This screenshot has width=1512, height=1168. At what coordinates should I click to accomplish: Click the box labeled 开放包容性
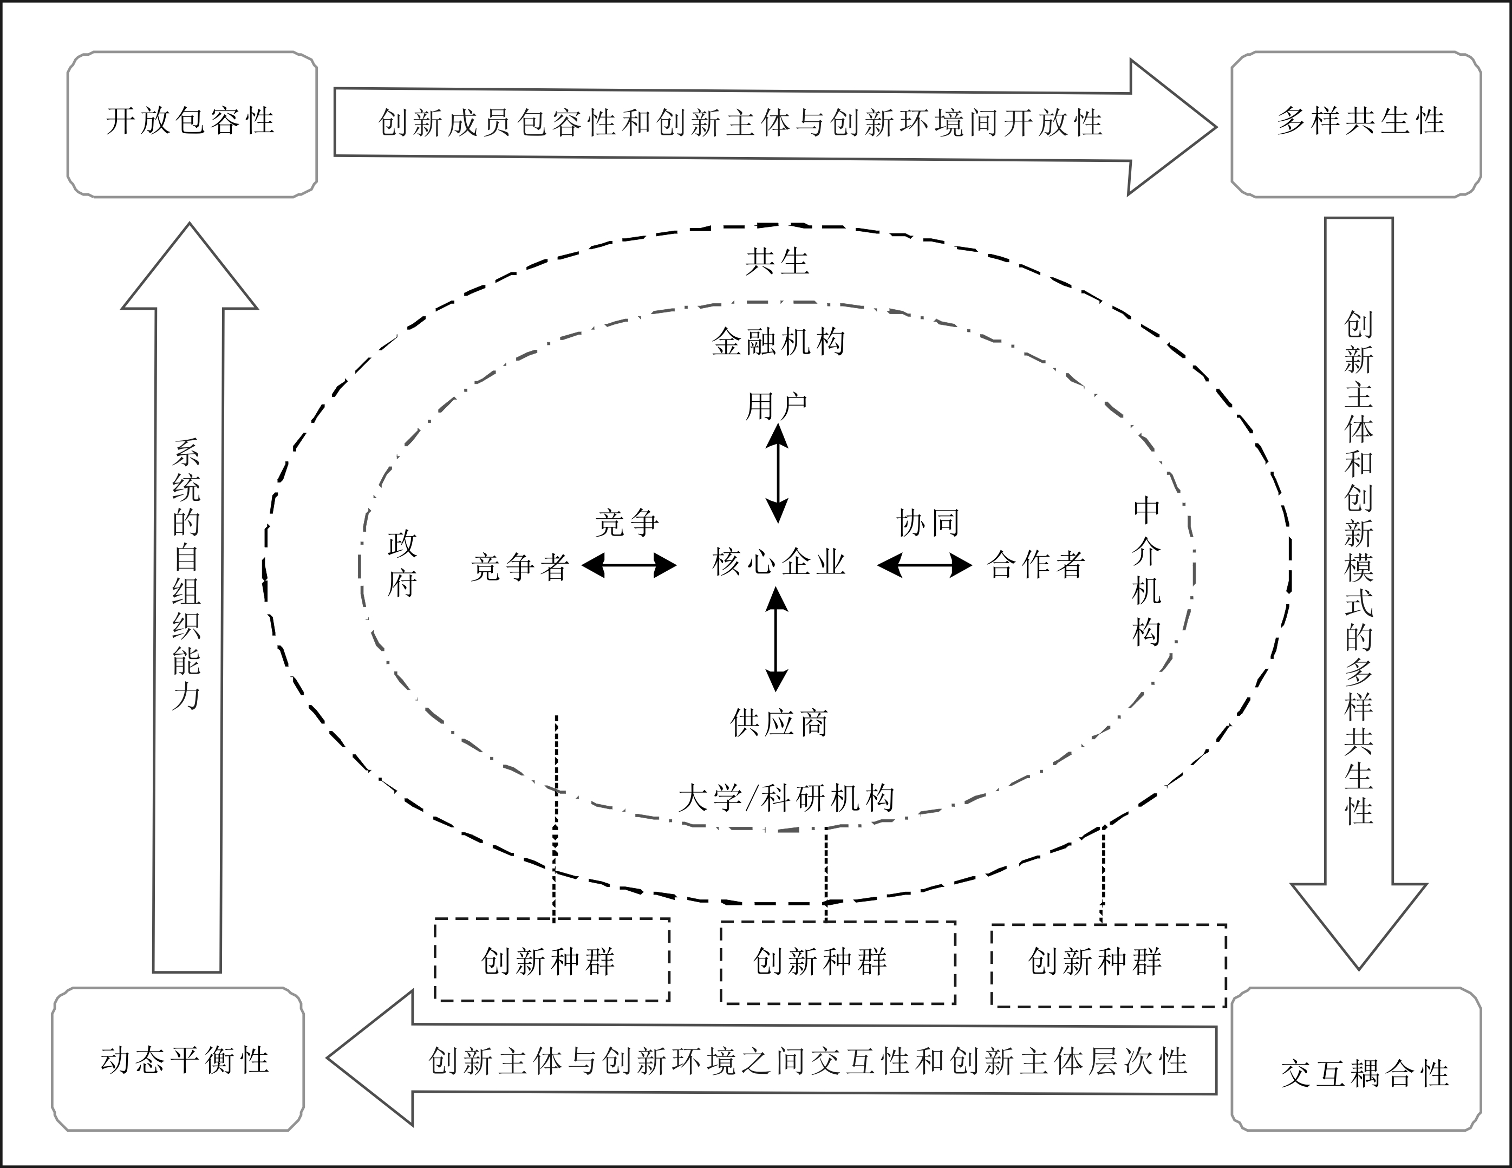(192, 124)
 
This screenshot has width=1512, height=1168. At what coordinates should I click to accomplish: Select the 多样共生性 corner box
(1355, 124)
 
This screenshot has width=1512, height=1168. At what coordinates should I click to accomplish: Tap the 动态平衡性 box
(178, 1059)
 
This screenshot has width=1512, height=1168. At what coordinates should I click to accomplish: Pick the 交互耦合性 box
(1355, 1059)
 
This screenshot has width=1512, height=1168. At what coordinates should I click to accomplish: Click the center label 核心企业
(778, 562)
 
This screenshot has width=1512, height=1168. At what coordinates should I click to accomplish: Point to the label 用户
(777, 407)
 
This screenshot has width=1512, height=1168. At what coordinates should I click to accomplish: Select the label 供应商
(779, 723)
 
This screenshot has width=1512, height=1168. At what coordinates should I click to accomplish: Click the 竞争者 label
(520, 567)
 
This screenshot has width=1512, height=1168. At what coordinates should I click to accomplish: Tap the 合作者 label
(1035, 565)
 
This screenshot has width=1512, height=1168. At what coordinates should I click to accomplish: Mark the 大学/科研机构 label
(786, 798)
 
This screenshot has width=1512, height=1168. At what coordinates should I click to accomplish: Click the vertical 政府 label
(401, 564)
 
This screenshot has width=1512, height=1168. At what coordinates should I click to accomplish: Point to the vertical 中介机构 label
(1146, 572)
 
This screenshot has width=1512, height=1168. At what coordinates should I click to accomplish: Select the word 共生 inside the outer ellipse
(777, 262)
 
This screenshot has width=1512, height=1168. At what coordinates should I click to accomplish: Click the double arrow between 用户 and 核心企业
(778, 474)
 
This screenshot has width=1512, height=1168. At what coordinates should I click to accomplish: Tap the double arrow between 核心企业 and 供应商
(776, 639)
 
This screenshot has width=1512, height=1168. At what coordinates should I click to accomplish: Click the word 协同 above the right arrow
(928, 524)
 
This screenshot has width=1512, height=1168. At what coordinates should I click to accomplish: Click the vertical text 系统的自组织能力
(186, 575)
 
